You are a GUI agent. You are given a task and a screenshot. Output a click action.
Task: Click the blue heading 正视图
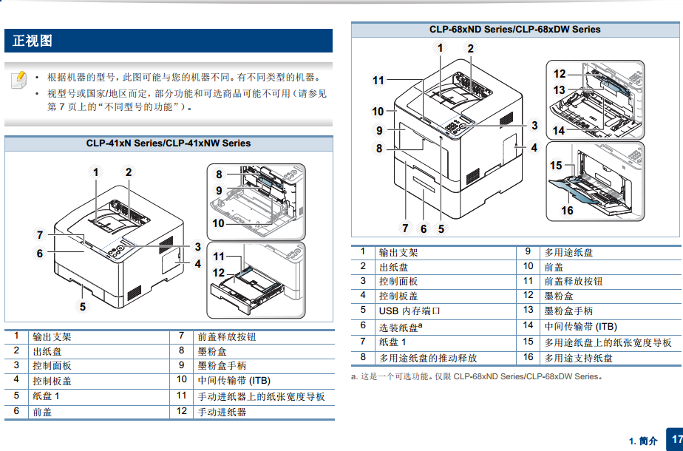(x=33, y=41)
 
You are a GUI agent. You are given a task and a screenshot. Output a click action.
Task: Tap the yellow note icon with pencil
(x=18, y=80)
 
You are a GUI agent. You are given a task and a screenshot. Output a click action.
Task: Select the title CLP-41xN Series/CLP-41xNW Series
(x=168, y=143)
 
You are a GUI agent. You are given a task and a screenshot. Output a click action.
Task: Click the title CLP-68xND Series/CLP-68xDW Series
(x=515, y=30)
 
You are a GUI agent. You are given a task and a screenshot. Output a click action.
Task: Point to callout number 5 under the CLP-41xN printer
(x=83, y=307)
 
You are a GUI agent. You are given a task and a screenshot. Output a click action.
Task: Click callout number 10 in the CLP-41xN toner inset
(x=218, y=223)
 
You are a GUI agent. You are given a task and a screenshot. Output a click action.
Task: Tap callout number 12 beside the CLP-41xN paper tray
(x=218, y=273)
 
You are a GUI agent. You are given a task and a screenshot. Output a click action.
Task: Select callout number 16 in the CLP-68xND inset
(x=567, y=211)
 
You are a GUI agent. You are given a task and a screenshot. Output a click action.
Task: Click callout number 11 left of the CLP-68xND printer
(x=378, y=80)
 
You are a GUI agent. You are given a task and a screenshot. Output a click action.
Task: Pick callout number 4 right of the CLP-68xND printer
(x=534, y=148)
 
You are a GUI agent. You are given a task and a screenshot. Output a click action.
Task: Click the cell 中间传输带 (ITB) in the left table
(x=234, y=381)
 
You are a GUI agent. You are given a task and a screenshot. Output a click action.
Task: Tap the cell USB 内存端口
(x=410, y=311)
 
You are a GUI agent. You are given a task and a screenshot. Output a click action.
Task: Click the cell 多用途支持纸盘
(x=579, y=358)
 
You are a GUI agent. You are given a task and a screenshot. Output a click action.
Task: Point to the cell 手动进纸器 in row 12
(x=222, y=412)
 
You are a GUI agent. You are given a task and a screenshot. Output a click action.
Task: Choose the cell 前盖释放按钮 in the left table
(x=227, y=336)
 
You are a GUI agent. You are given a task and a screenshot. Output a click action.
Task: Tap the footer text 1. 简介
(x=643, y=441)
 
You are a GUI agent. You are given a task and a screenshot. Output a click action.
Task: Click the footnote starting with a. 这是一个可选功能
(x=477, y=376)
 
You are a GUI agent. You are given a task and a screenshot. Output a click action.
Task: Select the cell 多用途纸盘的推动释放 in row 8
(x=428, y=358)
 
